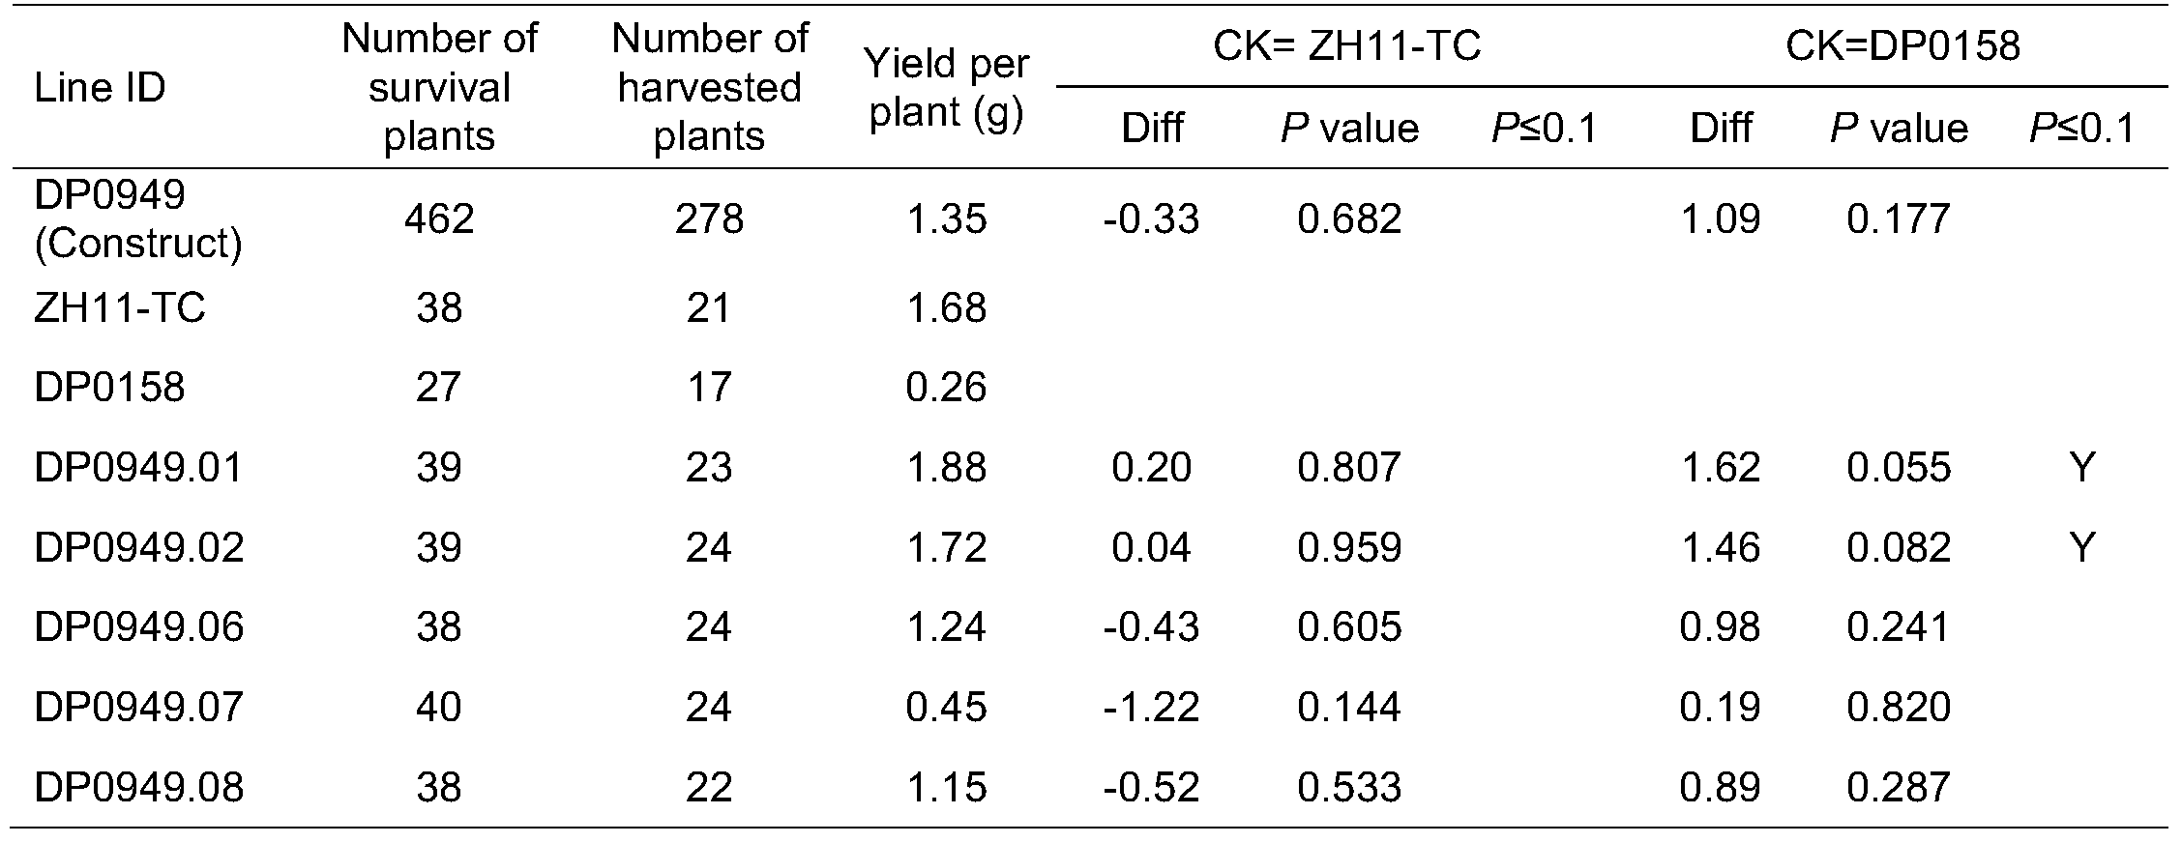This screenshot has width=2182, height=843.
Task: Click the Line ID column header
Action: point(100,88)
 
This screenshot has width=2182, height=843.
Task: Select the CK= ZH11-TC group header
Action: point(1346,45)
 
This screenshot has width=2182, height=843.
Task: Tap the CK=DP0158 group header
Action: point(1902,45)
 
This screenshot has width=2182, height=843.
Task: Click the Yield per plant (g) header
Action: point(946,88)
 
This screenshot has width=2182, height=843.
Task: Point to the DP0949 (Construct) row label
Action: point(137,219)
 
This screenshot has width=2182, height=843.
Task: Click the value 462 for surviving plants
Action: point(439,219)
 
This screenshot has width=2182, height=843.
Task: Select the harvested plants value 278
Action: point(709,219)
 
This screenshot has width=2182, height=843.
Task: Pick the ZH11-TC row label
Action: point(119,308)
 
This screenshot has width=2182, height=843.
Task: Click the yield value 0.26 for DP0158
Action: point(946,388)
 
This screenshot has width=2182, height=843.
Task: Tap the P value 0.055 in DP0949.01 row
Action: point(1898,468)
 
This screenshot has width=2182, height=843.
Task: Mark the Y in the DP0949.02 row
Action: point(2081,548)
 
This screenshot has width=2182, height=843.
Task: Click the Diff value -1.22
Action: point(1151,708)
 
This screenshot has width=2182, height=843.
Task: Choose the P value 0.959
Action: point(1348,548)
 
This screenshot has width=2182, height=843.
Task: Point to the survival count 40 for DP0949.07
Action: point(439,708)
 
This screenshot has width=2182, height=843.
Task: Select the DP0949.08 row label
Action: point(138,788)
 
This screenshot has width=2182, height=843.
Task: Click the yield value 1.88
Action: point(946,468)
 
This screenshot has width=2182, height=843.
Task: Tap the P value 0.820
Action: point(1898,708)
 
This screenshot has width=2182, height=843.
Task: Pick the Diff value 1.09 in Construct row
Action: point(1720,219)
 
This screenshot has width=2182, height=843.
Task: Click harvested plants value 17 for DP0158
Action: point(709,388)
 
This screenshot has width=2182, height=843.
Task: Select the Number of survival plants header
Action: point(439,88)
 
